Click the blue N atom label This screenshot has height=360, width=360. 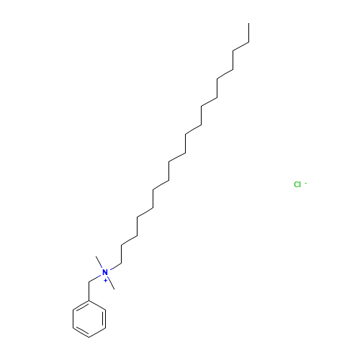point(105,272)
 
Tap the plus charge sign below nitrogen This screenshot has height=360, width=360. point(105,280)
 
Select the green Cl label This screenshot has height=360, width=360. point(297,184)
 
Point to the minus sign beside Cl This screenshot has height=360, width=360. point(306,184)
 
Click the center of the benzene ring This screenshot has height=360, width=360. point(89,319)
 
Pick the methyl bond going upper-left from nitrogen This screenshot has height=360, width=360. point(99,262)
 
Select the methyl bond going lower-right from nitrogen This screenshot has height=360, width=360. point(111,283)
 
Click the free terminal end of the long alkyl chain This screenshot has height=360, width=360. point(249,23)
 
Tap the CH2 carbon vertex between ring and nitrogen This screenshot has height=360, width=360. point(89,282)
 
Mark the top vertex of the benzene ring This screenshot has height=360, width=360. point(89,300)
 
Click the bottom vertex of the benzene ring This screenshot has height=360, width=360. point(89,337)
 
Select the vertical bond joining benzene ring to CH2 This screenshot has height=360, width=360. point(89,291)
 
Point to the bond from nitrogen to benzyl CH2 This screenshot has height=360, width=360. point(95,278)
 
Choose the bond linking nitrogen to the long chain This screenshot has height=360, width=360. point(115,266)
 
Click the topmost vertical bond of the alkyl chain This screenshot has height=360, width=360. point(249,32)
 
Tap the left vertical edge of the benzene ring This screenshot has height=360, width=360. point(73,319)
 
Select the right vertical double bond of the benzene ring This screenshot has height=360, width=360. point(104,319)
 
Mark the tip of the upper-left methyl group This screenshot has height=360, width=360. point(96,256)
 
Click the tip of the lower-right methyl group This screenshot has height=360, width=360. point(114,289)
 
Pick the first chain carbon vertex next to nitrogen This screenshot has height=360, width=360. point(121,264)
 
